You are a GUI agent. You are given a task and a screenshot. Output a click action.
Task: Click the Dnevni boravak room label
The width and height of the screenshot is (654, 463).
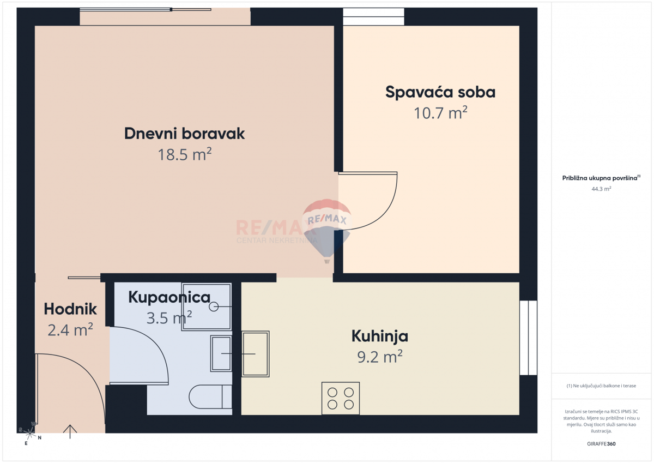184,134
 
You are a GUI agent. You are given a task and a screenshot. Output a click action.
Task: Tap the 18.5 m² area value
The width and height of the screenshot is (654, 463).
184,155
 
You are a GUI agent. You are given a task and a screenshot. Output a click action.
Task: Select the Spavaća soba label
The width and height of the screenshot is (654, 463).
440,92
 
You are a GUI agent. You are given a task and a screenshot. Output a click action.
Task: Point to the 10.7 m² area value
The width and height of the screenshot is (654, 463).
440,113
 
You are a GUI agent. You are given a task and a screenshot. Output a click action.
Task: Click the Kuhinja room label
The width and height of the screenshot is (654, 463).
379,336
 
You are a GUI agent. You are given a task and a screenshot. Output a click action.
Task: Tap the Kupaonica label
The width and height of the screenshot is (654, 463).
169,297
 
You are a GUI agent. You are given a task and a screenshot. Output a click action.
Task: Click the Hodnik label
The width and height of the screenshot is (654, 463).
70,309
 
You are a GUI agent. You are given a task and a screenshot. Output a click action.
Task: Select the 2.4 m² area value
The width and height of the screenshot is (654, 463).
70,330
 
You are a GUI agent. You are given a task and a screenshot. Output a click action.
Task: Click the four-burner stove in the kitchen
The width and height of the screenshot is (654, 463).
341,397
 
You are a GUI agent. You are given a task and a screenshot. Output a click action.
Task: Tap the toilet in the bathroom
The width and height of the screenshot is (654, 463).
210,396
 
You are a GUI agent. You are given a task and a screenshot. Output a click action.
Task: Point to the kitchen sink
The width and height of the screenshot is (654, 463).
255,353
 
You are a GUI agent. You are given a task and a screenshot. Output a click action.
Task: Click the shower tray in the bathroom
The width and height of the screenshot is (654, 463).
207,306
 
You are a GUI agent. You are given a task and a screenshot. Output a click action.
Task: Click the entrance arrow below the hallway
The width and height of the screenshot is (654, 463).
70,431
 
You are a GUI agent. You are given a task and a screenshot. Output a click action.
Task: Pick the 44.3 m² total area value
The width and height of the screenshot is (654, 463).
601,189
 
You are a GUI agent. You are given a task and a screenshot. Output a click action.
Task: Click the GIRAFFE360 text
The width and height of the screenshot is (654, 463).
601,444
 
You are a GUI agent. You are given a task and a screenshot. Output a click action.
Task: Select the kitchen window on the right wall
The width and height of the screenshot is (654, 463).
528,338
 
